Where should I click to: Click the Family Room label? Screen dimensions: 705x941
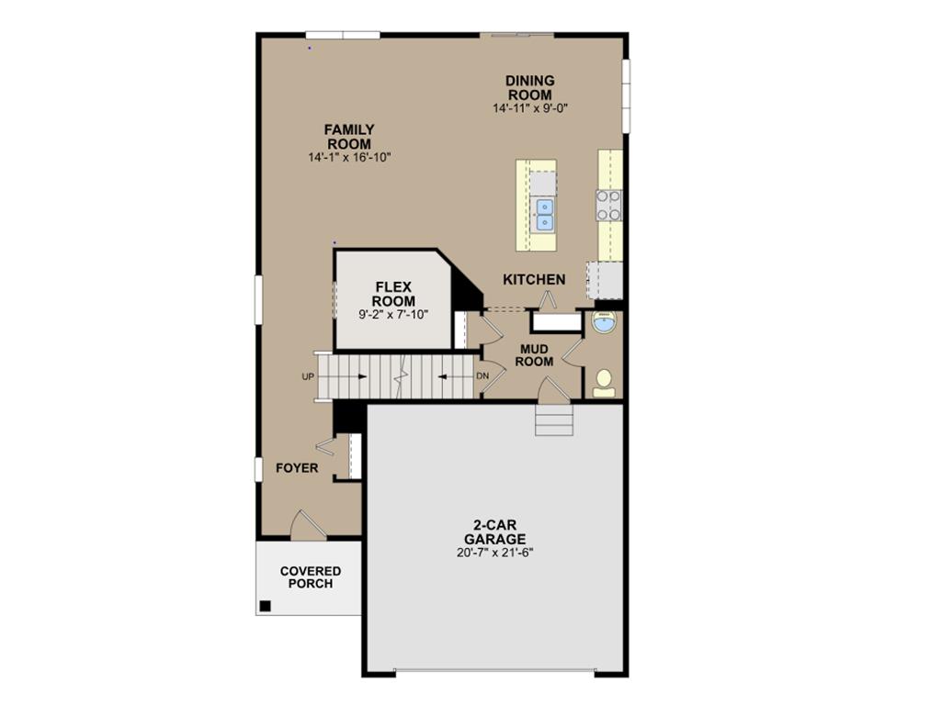(x=349, y=137)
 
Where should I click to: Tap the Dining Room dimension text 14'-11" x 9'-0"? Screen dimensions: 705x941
(x=530, y=108)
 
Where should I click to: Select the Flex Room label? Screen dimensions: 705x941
(x=393, y=295)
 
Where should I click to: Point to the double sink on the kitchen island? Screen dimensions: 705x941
(x=544, y=214)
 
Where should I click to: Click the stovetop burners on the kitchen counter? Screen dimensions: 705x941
(x=608, y=205)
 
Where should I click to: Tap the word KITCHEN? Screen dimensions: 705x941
(x=534, y=279)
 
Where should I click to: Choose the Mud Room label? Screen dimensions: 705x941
(x=534, y=355)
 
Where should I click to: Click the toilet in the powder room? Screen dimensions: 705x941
(x=604, y=382)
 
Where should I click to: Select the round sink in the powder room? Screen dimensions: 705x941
(x=604, y=323)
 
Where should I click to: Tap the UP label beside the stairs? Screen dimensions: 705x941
(x=307, y=376)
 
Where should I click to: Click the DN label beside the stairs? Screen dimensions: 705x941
(x=482, y=376)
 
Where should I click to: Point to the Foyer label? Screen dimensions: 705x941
(x=297, y=468)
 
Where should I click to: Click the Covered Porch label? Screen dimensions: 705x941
(x=311, y=577)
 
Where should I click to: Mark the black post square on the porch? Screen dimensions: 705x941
(x=265, y=605)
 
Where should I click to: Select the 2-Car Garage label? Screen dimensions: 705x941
(x=494, y=532)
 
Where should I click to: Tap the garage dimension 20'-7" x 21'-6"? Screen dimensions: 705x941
(x=494, y=553)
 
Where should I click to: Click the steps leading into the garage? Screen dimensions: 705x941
(x=554, y=422)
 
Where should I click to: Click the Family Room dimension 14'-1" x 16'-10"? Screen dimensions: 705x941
(x=349, y=158)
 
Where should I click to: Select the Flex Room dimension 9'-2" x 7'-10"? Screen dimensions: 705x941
(x=393, y=315)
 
